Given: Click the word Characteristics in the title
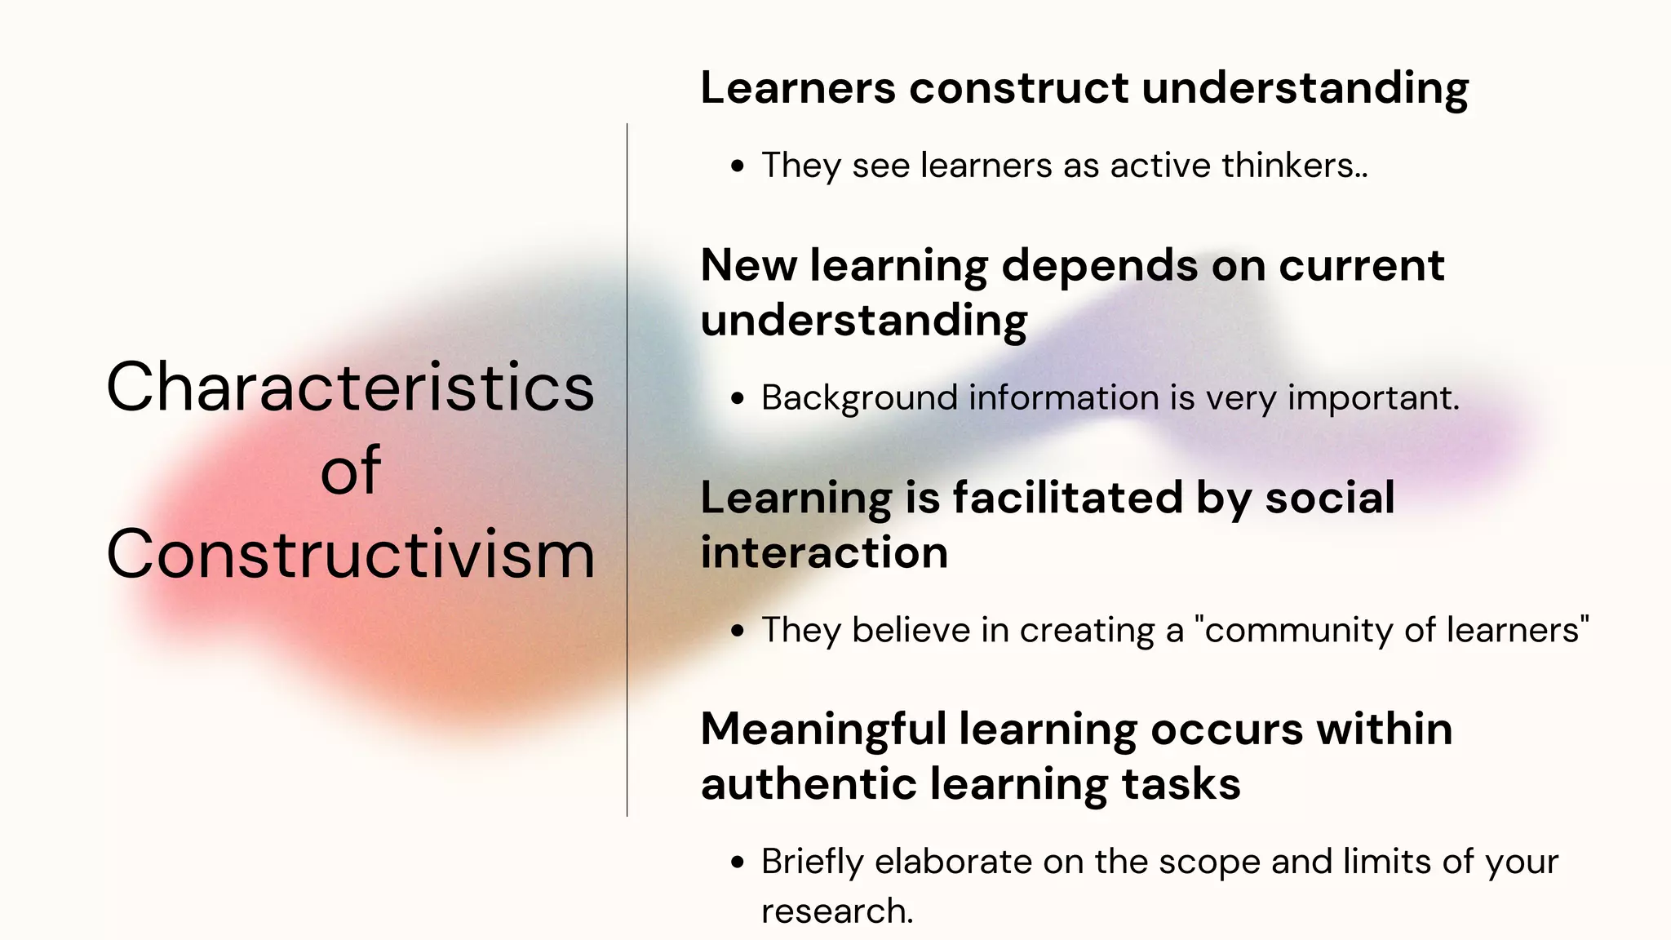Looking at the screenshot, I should [x=350, y=388].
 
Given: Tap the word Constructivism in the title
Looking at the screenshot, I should [x=350, y=555].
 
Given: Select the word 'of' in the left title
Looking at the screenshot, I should [x=350, y=471].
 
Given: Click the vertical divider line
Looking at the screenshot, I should [x=627, y=469].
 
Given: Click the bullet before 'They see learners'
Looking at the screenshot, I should [x=738, y=167].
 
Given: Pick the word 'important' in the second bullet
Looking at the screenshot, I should [x=1372, y=399].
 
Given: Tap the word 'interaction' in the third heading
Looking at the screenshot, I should [x=824, y=552].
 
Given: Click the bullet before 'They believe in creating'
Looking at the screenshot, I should [x=738, y=632].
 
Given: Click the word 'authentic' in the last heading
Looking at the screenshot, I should [x=809, y=784].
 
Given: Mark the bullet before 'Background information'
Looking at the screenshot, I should [x=738, y=400].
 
